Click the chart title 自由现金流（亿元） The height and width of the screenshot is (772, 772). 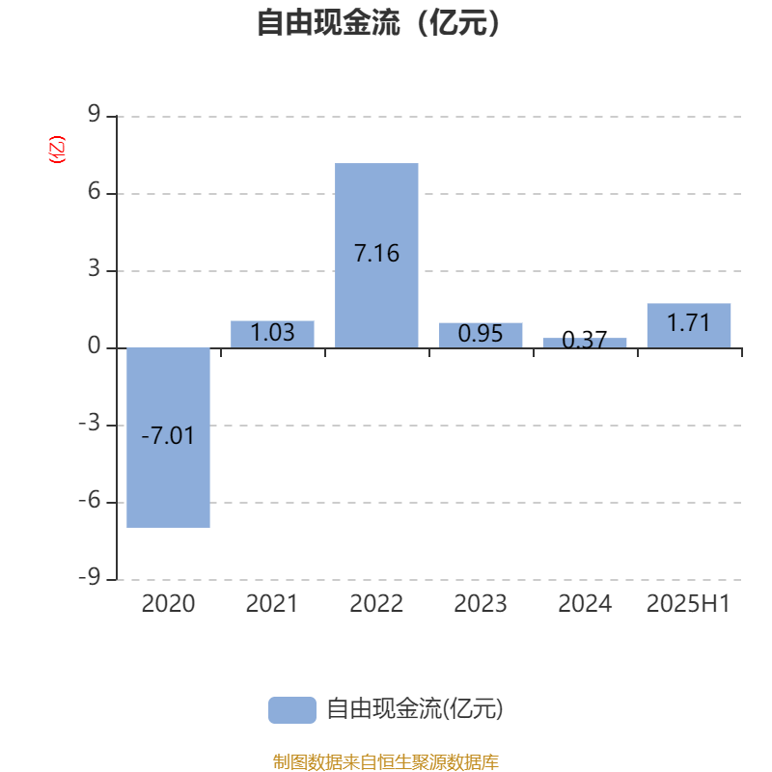[378, 22]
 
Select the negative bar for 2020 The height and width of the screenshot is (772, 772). [168, 438]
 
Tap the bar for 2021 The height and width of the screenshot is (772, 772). [272, 334]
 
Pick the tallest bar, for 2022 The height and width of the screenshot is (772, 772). [376, 256]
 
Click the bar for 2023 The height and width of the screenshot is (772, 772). [481, 335]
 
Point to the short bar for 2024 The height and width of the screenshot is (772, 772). [585, 344]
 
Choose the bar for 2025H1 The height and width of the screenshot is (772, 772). [689, 326]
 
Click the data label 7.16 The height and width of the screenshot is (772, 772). [376, 254]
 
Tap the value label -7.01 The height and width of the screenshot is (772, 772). [168, 436]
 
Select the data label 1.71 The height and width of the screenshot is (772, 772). [689, 323]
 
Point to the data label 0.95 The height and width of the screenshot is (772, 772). [481, 334]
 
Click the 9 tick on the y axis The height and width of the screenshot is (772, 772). [94, 114]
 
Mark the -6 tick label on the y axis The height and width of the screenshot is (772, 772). [90, 501]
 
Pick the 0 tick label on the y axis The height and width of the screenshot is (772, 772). [94, 346]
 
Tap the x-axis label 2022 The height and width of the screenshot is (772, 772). [376, 604]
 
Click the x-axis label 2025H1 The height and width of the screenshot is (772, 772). [688, 604]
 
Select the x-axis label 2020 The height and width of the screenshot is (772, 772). [168, 604]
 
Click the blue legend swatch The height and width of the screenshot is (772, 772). [292, 710]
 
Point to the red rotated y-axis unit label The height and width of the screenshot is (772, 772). [57, 150]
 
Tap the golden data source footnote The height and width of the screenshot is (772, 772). [385, 761]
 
